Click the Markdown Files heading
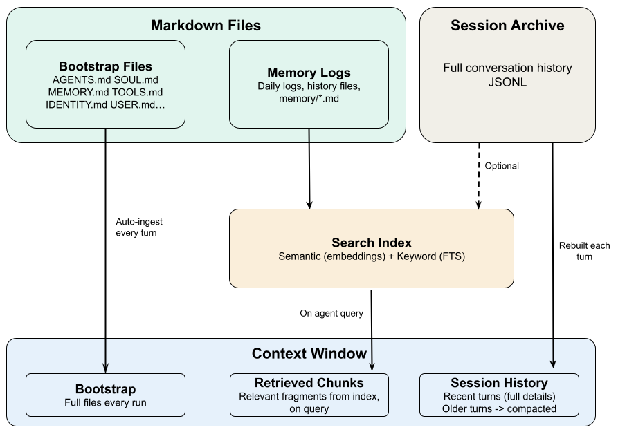[206, 26]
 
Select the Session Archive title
[507, 26]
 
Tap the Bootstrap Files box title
[105, 67]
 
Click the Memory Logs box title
[309, 73]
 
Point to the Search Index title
[371, 243]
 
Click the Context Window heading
[309, 354]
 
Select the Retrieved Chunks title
[309, 383]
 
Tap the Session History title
[499, 383]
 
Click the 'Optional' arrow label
[502, 166]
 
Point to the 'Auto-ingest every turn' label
[139, 227]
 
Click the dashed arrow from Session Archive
[478, 176]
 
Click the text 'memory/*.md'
[309, 98]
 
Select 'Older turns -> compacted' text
[499, 408]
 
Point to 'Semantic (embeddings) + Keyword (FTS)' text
[371, 256]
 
